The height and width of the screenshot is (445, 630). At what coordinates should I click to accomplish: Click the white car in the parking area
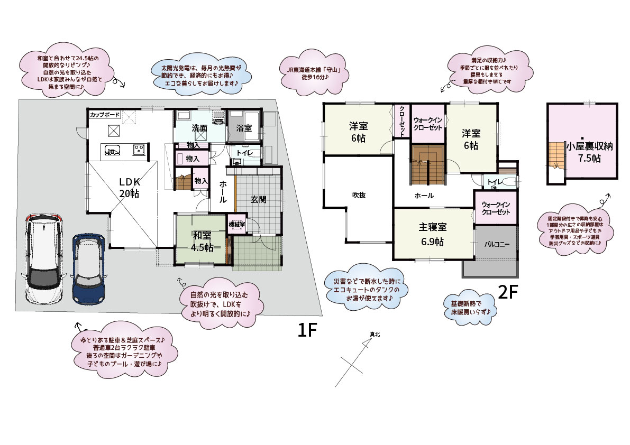click(x=44, y=260)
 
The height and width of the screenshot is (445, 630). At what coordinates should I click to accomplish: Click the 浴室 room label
click(x=243, y=128)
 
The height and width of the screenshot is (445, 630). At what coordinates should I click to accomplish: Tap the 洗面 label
click(x=199, y=128)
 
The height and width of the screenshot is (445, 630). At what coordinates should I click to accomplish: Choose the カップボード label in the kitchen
click(x=105, y=114)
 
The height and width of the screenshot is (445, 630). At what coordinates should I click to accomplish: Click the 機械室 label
click(x=236, y=224)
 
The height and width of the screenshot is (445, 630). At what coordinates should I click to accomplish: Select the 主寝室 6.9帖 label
click(x=433, y=234)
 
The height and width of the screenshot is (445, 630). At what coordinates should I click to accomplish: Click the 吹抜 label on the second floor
click(x=359, y=194)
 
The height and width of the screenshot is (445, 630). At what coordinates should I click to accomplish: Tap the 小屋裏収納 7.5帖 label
click(x=589, y=152)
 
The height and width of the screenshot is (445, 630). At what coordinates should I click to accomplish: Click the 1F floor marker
click(x=307, y=330)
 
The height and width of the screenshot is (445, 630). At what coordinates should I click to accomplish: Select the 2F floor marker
click(x=506, y=293)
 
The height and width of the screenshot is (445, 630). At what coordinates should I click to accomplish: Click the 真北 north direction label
click(x=375, y=333)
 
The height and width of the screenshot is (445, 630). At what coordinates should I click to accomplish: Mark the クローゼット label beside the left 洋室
click(x=402, y=122)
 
